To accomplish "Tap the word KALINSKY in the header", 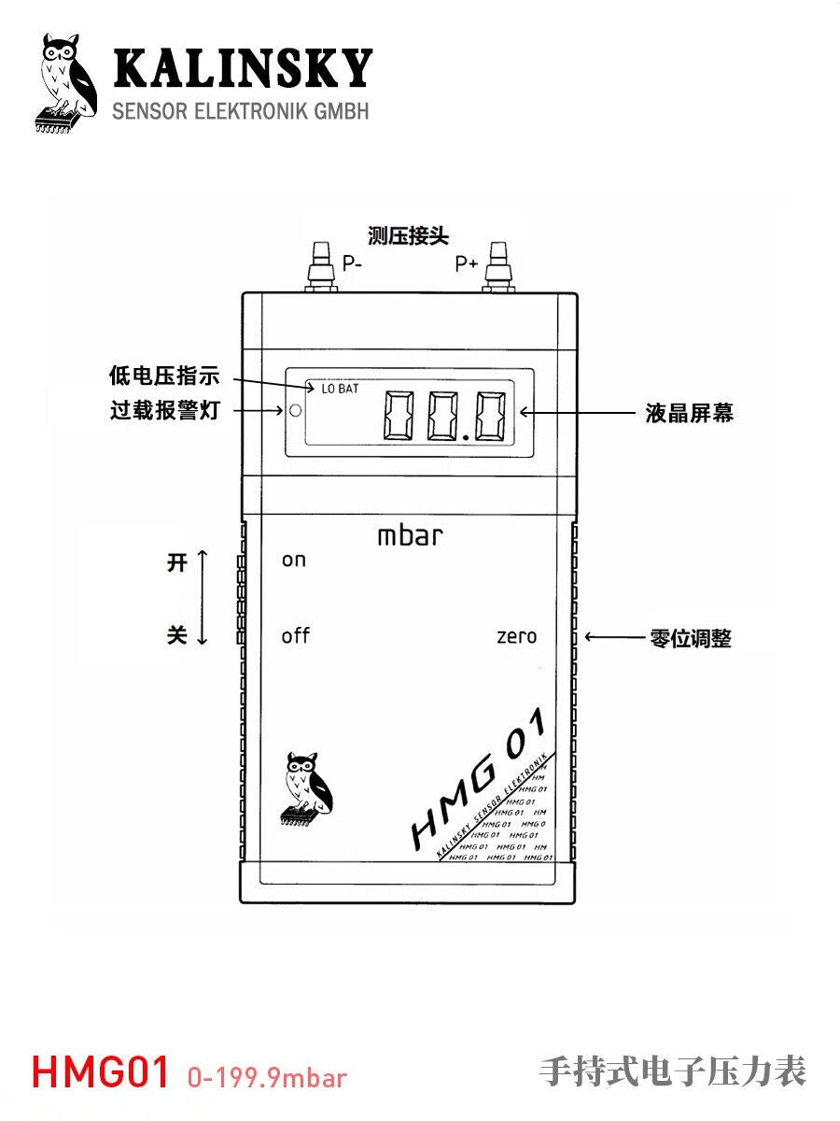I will coord(242,71).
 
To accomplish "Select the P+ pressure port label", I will coord(467,264).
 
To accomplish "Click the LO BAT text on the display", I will coord(341,388).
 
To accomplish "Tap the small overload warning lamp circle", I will coord(295,410).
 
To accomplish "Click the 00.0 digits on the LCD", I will coord(447,417).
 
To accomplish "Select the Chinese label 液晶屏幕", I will coord(689,413).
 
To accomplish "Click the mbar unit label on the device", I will coord(410,536).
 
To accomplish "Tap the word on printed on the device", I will coord(293,560).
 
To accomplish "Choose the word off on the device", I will coord(295,636).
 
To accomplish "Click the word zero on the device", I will coord(516,637).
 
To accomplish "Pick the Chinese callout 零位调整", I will coord(690,639).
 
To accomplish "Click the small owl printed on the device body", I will coord(306,786).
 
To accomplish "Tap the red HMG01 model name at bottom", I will coord(101,1072).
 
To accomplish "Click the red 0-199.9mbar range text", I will coord(267,1077).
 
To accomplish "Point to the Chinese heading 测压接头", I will coord(408,235).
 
